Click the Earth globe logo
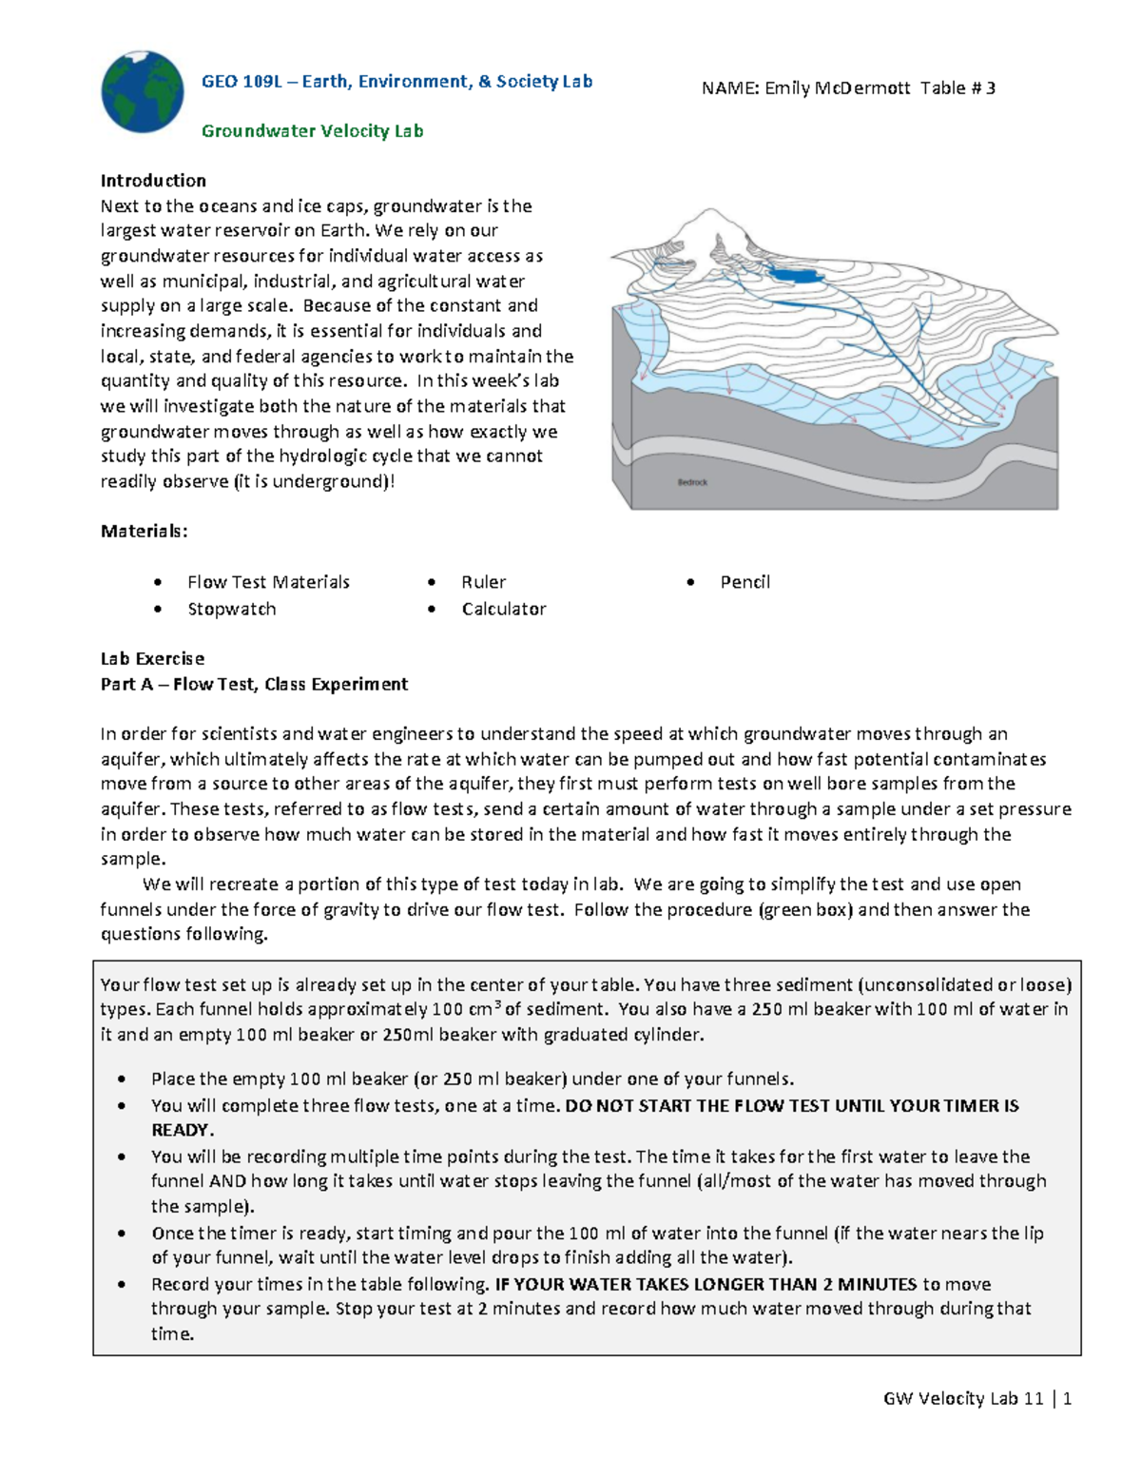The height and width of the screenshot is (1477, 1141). click(143, 91)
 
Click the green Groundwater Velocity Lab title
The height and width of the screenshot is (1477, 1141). click(312, 131)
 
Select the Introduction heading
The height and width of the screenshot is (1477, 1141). click(153, 181)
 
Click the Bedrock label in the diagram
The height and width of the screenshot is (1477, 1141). click(691, 482)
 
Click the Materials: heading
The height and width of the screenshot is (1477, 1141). click(144, 531)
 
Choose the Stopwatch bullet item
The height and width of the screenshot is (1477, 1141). click(231, 609)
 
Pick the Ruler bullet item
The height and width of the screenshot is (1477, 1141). click(483, 582)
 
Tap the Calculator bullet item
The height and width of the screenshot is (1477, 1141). click(503, 609)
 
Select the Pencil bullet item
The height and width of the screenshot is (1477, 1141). click(745, 582)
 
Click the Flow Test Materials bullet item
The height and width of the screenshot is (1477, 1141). click(268, 582)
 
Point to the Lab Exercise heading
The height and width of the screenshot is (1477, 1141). click(152, 658)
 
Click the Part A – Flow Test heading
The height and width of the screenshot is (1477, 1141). click(254, 684)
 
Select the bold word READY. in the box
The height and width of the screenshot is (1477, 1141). click(183, 1130)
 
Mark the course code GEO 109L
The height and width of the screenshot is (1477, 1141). click(242, 82)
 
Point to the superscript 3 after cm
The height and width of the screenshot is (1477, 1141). click(497, 1004)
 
